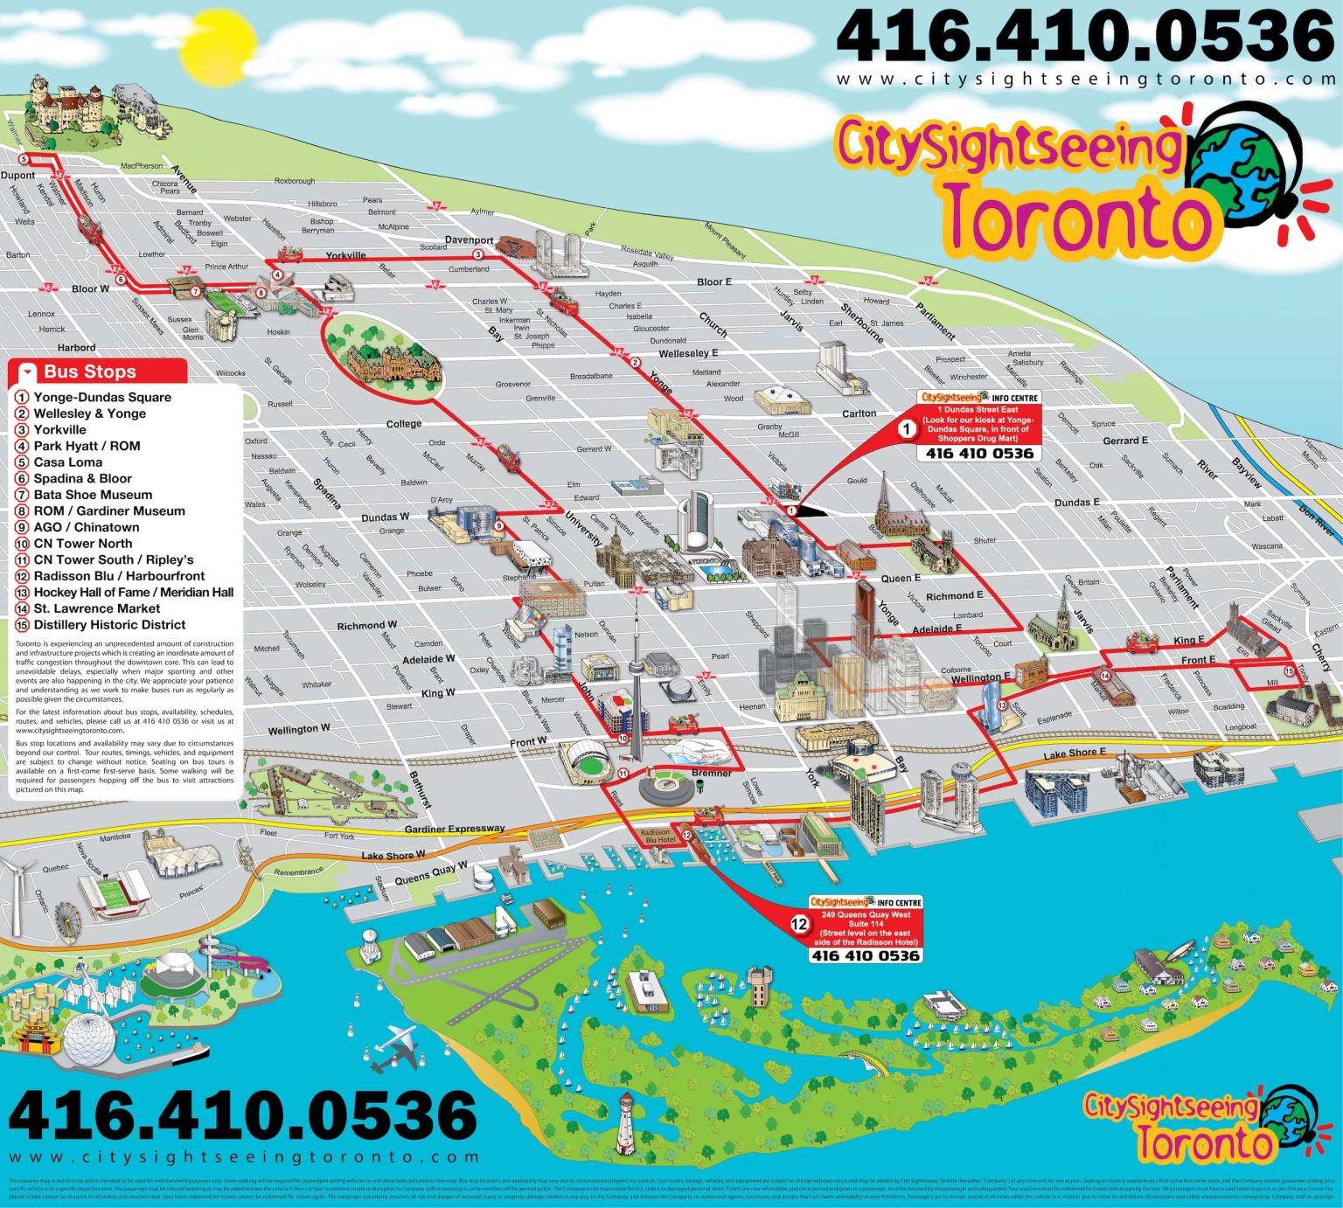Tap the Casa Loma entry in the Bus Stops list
tap(67, 462)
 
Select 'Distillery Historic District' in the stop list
tap(109, 625)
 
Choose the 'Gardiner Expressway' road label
tap(455, 829)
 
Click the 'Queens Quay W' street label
tap(430, 872)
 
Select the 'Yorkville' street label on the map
tap(345, 256)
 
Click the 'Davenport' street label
tap(469, 240)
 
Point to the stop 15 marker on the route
tap(1288, 646)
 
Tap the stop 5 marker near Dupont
tap(24, 159)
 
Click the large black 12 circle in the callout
tap(799, 924)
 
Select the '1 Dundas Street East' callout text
tap(978, 409)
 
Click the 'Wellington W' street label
tap(299, 729)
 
